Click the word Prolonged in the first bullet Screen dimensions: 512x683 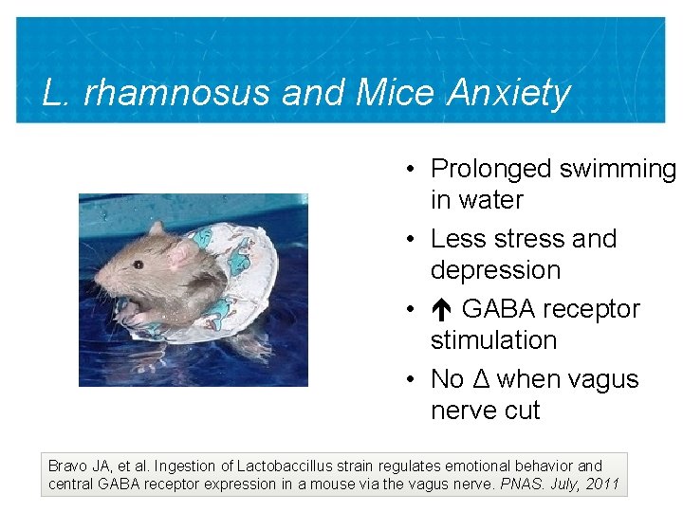tap(490, 169)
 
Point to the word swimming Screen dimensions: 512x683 tap(618, 169)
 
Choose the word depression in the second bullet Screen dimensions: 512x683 tap(495, 270)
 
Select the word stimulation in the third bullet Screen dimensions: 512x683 tap(493, 340)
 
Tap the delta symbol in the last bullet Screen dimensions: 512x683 tap(480, 379)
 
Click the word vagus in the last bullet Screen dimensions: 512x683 tap(603, 379)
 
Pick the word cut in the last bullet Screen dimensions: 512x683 tap(523, 411)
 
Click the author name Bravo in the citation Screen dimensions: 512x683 tap(68, 466)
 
